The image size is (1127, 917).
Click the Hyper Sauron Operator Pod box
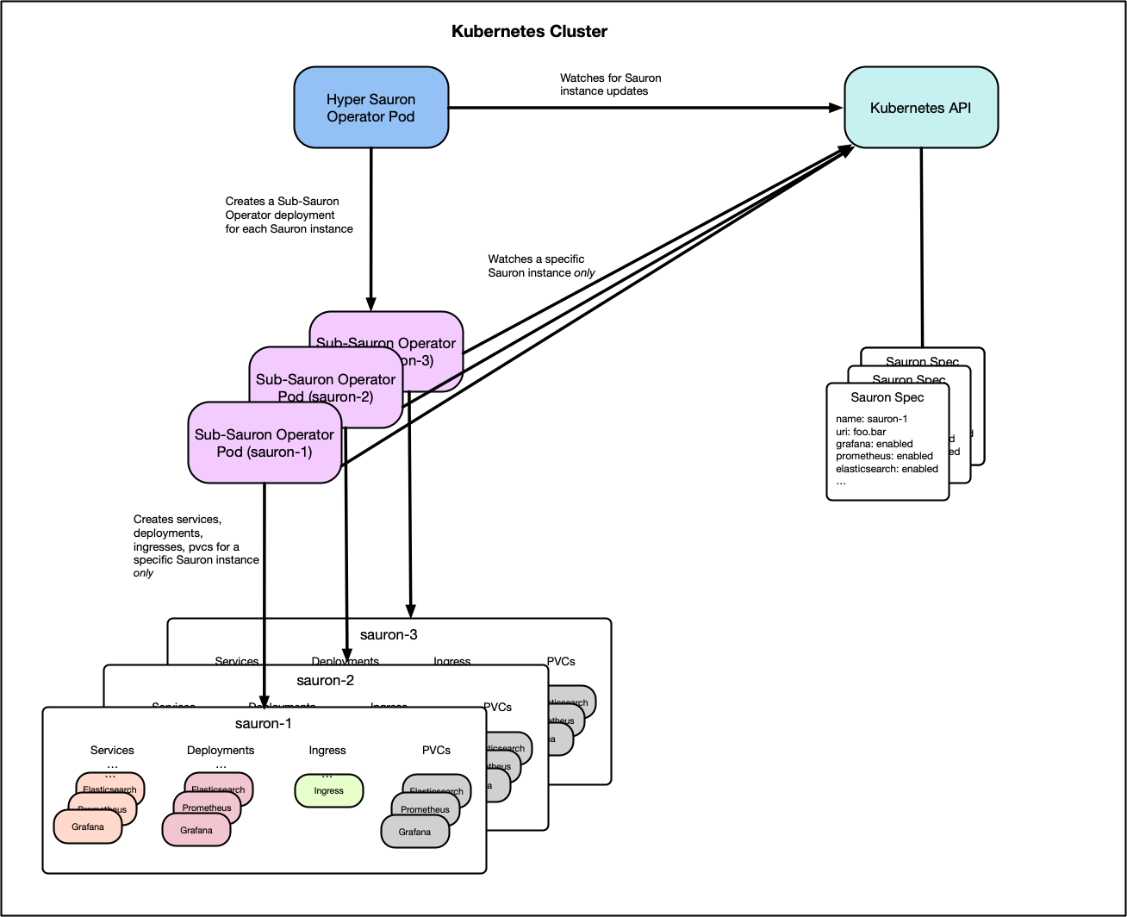tap(370, 108)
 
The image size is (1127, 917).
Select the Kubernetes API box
tap(920, 108)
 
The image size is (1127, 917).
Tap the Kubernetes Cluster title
tap(529, 32)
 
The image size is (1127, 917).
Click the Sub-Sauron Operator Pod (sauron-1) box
tap(264, 443)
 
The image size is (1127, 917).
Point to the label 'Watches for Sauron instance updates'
tap(610, 84)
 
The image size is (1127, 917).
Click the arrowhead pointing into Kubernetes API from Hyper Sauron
tap(835, 108)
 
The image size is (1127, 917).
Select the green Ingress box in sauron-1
tap(328, 790)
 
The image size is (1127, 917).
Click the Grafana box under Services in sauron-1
tap(87, 827)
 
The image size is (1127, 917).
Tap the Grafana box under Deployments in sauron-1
tap(196, 831)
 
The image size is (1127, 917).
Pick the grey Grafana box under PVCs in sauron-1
tap(414, 833)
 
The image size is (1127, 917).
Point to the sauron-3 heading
tap(389, 635)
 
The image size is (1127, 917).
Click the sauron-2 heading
tap(325, 680)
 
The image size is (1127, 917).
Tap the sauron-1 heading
tap(264, 723)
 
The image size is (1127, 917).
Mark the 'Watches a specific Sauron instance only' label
tap(541, 265)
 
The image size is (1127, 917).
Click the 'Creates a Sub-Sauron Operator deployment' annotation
tap(289, 215)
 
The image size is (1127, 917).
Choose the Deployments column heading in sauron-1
tap(221, 751)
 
